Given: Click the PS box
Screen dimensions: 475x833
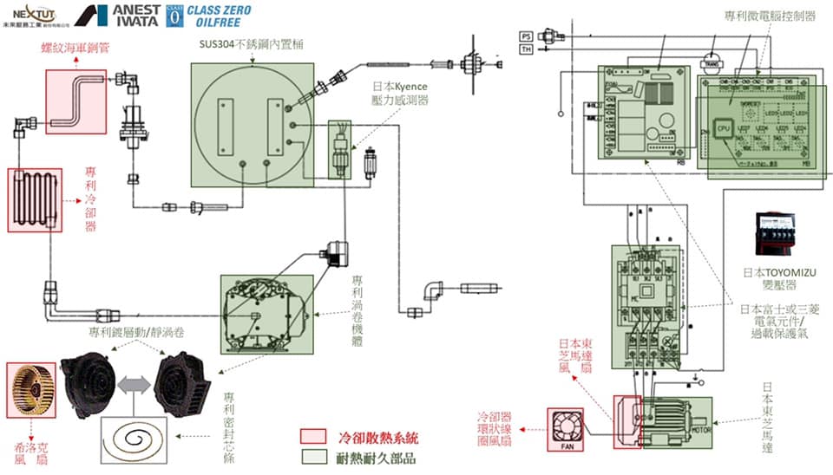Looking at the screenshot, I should pyautogui.click(x=526, y=36).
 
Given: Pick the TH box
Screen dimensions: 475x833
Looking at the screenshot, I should pyautogui.click(x=526, y=49).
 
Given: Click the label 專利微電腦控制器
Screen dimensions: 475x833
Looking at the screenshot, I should pyautogui.click(x=771, y=16).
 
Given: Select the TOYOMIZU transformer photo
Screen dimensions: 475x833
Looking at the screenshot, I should pyautogui.click(x=778, y=235).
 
